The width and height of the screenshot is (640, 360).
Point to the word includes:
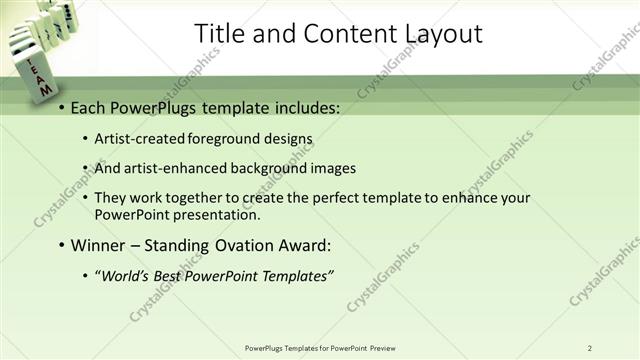305,107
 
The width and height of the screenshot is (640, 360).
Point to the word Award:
301,245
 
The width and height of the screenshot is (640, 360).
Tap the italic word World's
125,276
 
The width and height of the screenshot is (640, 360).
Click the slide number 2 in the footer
589,348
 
